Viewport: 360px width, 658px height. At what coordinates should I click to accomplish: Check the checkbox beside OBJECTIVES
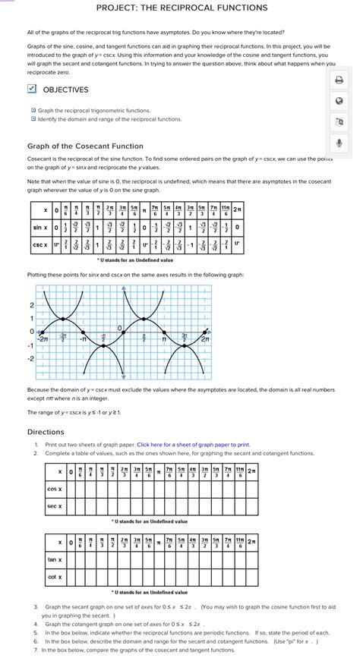(x=32, y=90)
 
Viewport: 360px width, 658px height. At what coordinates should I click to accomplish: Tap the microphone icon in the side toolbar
(x=339, y=142)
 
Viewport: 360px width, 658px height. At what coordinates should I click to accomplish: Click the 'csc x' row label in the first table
(x=42, y=244)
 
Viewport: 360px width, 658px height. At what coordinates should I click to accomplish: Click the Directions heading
(x=46, y=432)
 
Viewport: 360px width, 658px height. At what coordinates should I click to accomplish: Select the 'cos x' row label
(x=55, y=489)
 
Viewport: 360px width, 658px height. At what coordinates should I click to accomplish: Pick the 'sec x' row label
(x=55, y=505)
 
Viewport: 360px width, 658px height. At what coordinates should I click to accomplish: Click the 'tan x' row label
(x=55, y=560)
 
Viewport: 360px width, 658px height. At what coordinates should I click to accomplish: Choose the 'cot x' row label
(x=55, y=577)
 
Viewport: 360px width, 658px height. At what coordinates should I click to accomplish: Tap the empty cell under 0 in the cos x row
(x=70, y=489)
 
